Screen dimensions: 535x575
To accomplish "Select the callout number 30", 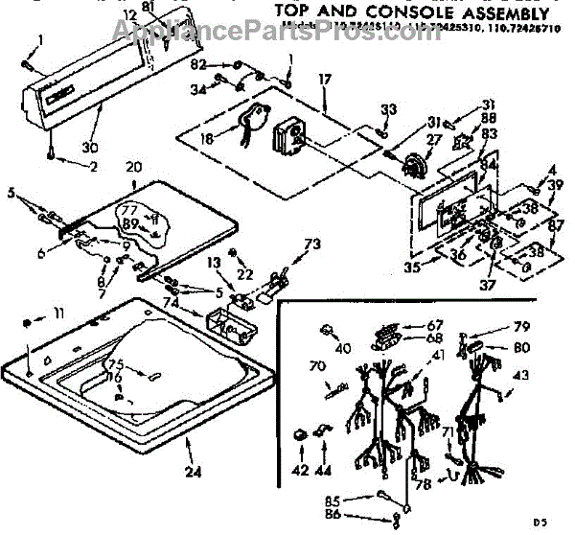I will click(x=92, y=147).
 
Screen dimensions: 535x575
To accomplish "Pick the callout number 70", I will click(x=316, y=365).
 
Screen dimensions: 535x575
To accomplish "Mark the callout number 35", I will click(x=413, y=267).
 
